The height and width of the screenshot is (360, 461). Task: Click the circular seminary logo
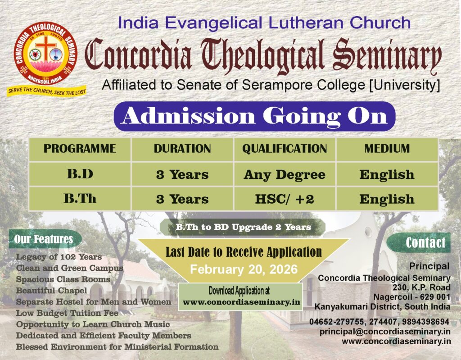[45, 53]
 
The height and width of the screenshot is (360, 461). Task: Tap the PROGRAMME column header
[80, 149]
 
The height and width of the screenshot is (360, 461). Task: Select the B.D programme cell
[80, 174]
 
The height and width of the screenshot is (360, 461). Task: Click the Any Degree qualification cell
[285, 174]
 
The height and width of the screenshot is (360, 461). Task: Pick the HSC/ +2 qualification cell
[285, 199]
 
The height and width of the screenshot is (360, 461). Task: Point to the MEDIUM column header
[387, 149]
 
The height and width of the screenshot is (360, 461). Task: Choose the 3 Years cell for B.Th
[182, 199]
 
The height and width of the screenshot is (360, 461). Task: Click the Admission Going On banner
[254, 116]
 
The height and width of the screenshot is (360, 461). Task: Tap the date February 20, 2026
[244, 269]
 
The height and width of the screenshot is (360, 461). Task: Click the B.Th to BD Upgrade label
[243, 227]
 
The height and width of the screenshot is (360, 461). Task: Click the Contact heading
[425, 243]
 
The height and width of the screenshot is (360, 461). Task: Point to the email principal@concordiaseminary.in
[385, 332]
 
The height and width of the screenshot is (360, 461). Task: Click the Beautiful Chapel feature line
[52, 291]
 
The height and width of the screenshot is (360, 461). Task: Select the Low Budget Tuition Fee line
[68, 313]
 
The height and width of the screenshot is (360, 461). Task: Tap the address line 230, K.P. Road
[421, 287]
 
